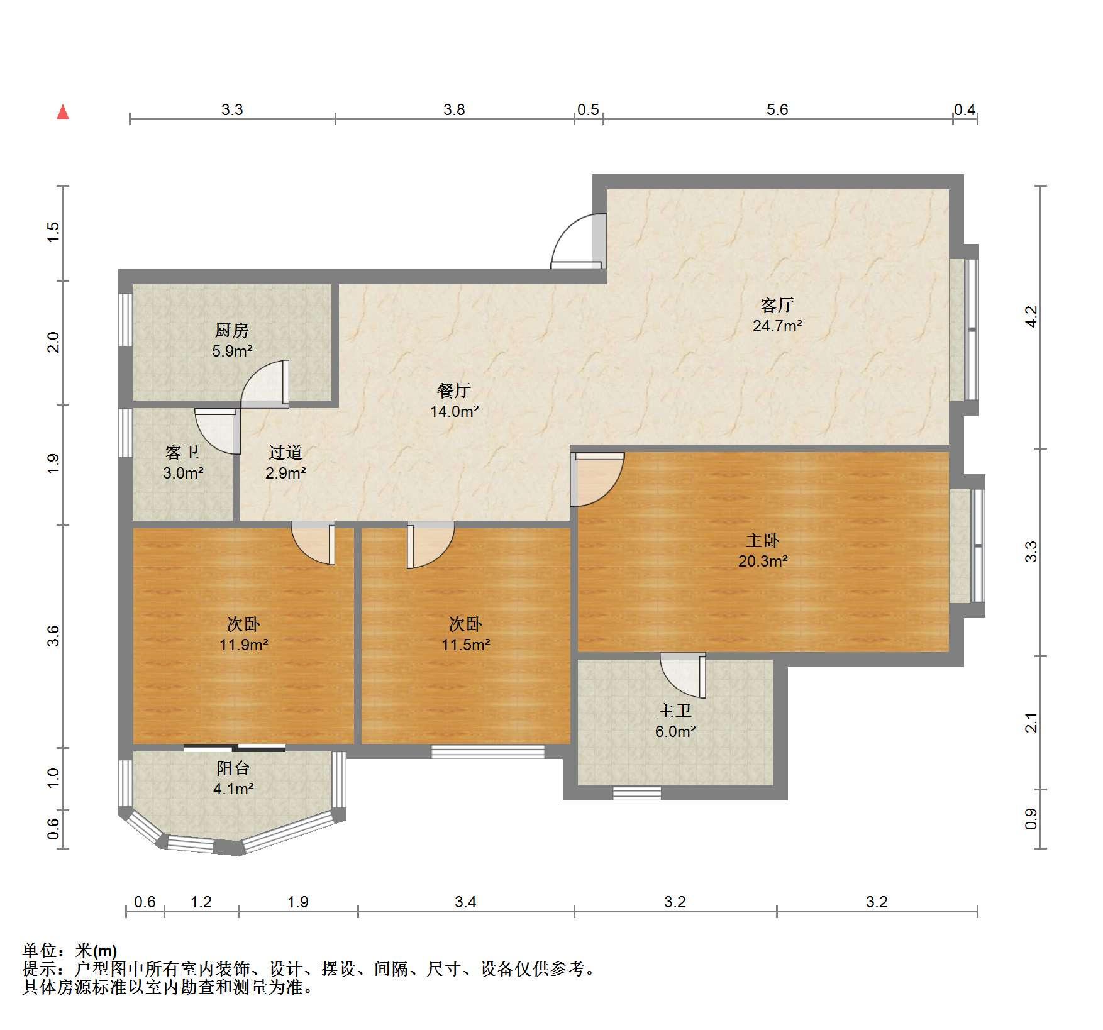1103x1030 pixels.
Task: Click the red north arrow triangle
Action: coord(63,113)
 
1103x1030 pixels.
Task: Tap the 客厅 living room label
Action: coord(777,306)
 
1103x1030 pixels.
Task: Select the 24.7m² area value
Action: coord(777,326)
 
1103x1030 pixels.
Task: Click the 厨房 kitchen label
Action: coord(232,330)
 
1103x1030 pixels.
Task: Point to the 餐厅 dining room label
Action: coord(453,391)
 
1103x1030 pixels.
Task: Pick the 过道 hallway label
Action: coord(285,452)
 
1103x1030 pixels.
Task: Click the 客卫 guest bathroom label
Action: coord(182,452)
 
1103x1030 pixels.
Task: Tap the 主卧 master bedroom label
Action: coord(763,540)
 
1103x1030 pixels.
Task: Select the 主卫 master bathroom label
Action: coord(675,711)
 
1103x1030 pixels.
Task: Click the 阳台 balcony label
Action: coord(233,768)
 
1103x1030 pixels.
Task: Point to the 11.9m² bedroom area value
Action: coord(244,645)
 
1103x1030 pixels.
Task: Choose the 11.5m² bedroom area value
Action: coord(465,645)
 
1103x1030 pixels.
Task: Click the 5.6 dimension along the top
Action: coord(777,110)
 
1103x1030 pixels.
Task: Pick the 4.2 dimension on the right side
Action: coord(1031,316)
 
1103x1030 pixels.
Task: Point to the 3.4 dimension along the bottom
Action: coord(465,902)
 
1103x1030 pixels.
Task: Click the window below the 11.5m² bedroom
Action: coord(488,751)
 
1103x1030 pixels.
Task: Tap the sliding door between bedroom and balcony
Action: coord(235,748)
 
